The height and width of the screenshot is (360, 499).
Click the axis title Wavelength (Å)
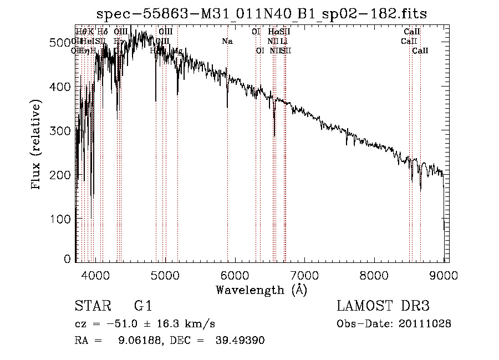click(261, 290)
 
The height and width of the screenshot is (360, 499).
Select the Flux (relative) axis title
click(37, 145)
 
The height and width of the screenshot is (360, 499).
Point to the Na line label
click(227, 42)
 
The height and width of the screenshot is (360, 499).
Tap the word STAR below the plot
click(92, 306)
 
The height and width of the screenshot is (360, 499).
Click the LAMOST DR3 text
click(383, 306)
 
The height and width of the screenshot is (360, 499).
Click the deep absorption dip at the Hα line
click(274, 133)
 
